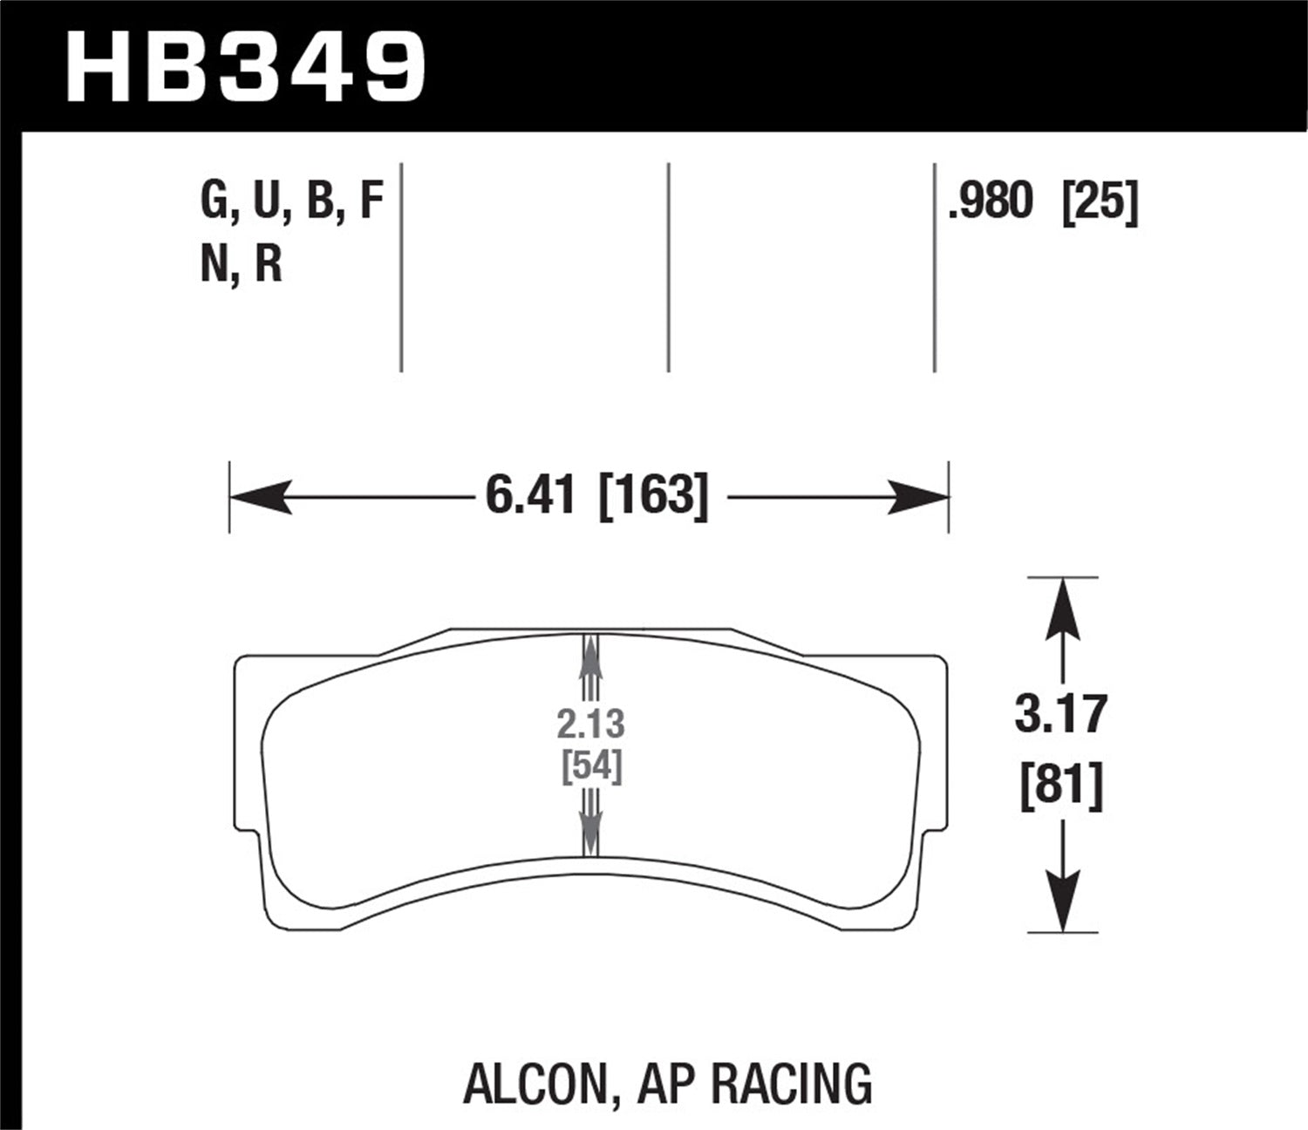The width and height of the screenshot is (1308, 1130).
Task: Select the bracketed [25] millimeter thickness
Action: [1100, 202]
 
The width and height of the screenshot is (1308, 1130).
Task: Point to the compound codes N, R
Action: [242, 263]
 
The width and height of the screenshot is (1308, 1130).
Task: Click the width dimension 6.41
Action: [530, 497]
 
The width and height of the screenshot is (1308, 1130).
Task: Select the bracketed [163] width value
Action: [654, 497]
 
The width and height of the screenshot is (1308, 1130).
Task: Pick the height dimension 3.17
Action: [1061, 713]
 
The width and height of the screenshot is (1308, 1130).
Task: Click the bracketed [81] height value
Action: [1061, 786]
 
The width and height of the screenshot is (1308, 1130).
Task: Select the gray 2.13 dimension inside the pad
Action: [591, 725]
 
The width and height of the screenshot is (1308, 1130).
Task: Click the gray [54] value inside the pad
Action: [591, 767]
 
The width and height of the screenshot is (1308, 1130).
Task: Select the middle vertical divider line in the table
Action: [668, 267]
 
